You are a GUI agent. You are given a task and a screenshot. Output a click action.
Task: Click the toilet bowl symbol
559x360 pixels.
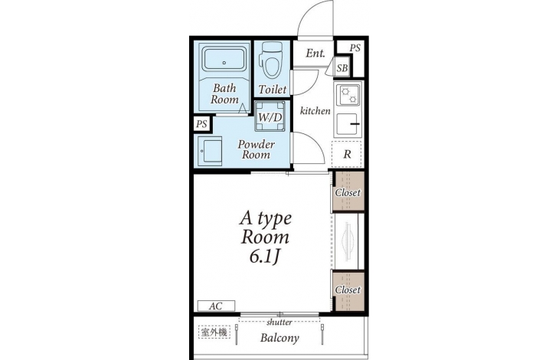point(272,61)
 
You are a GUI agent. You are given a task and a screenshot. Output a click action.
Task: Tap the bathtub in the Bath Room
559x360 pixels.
point(224,60)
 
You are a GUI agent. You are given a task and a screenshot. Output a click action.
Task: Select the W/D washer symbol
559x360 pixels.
point(270,116)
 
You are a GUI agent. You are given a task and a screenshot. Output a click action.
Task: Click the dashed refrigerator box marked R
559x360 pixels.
point(347,154)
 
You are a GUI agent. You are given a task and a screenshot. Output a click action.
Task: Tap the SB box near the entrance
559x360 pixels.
point(342,67)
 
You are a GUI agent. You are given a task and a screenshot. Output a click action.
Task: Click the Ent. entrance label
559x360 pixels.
point(315,54)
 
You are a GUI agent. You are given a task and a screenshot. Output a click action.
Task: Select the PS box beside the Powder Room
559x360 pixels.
point(202,124)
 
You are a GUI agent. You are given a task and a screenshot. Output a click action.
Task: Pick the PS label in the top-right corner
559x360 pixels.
point(355,47)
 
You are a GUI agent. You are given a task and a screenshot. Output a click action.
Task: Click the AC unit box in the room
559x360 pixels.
point(216,306)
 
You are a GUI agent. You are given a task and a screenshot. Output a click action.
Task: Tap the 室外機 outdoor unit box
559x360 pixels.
point(214,333)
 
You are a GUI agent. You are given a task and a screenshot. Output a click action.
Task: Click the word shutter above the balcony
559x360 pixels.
point(279,322)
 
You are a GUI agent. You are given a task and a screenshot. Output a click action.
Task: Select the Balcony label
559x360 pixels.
point(279,338)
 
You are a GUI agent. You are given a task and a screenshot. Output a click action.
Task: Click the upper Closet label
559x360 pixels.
point(348,192)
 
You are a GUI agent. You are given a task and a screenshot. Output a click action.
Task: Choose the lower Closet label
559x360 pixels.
point(348,290)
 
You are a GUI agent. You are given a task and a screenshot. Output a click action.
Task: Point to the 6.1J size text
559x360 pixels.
point(263,257)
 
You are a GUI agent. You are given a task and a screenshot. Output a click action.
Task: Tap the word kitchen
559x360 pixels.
point(315,111)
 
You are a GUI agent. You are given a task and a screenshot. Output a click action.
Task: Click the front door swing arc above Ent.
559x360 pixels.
point(307,11)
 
